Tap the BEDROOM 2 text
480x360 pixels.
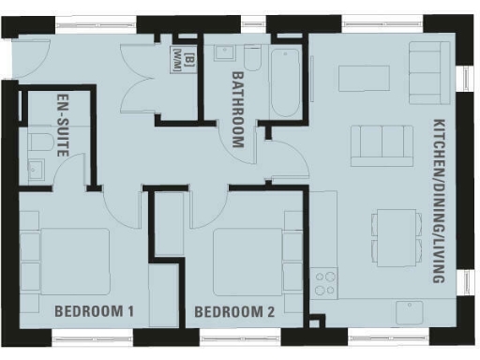(x=233, y=311)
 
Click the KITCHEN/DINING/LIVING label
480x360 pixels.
(x=438, y=201)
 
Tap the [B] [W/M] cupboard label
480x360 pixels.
(x=179, y=58)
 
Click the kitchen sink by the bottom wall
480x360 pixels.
(x=410, y=311)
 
